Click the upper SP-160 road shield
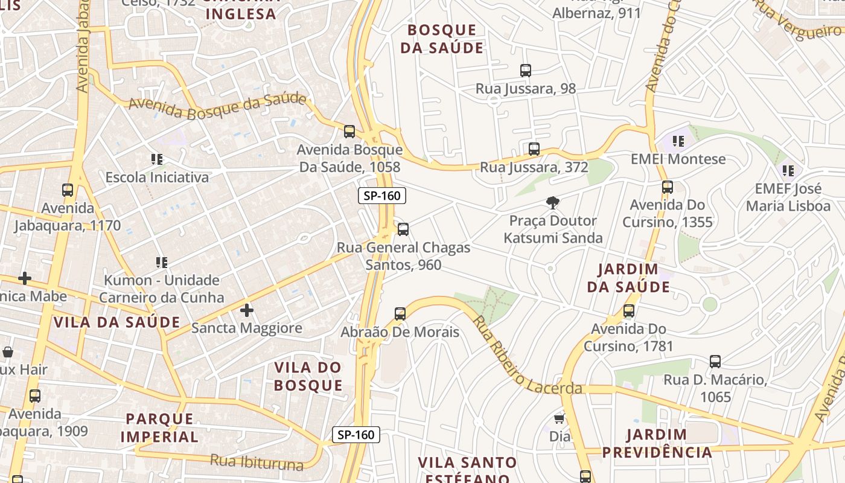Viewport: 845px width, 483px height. tap(382, 196)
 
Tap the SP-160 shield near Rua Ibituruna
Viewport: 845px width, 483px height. tap(356, 435)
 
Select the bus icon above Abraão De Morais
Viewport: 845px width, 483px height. tap(400, 314)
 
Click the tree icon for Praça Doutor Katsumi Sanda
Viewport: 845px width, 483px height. tap(552, 202)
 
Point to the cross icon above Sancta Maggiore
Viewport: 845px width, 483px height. tap(246, 310)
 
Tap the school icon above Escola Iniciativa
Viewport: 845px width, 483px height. tap(157, 159)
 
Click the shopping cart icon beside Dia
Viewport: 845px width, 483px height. tap(560, 418)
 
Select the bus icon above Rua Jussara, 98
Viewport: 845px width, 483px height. tap(525, 71)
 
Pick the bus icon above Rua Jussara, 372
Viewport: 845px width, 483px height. tap(534, 149)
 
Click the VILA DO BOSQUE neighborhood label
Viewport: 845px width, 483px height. tap(308, 376)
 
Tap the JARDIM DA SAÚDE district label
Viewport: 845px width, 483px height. tap(628, 278)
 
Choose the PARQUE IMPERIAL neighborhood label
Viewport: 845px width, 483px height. tap(159, 427)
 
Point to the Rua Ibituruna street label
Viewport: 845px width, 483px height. tap(257, 462)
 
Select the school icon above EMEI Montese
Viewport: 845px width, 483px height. tap(678, 141)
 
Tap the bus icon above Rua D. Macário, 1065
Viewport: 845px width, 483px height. tap(715, 362)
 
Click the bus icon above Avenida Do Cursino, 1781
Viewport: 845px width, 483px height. tap(628, 311)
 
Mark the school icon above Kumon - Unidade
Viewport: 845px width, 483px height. tap(161, 263)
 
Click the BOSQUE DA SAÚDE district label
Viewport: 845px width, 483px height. tap(442, 39)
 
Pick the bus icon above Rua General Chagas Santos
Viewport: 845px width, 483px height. tap(403, 229)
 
